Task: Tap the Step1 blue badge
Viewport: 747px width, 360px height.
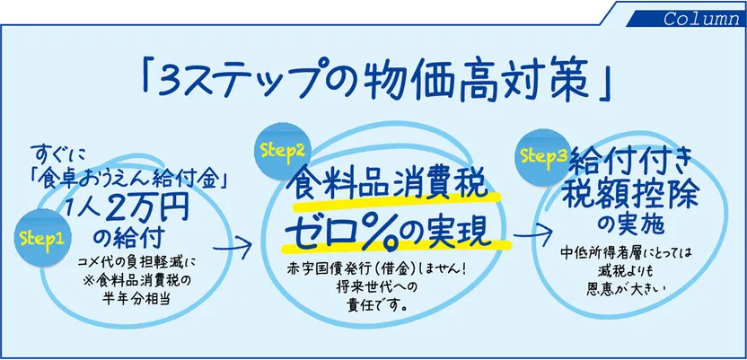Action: click(x=40, y=239)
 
